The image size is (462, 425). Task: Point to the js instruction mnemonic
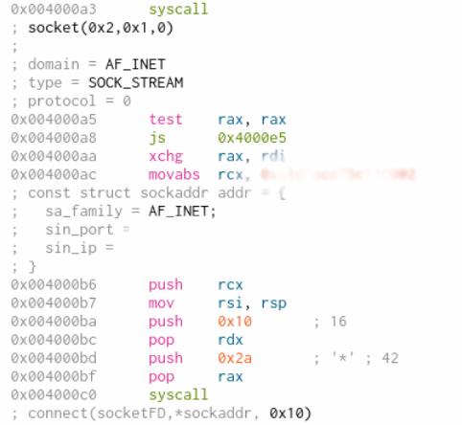coord(156,138)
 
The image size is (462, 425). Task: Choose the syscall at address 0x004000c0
coord(176,394)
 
